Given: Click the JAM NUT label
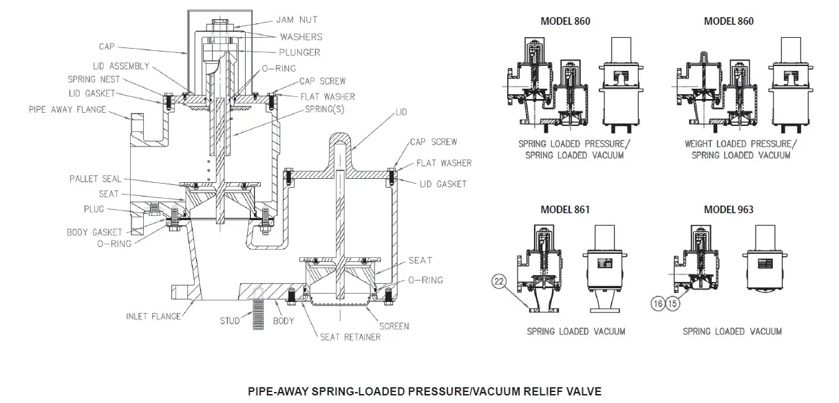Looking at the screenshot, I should point(298,21).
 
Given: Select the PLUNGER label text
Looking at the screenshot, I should point(300,52).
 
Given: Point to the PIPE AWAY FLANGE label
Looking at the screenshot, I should point(67,109).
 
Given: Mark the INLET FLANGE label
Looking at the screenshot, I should point(153,316).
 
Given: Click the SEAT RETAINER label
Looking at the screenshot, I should point(350,337).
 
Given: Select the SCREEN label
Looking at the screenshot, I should point(393,326).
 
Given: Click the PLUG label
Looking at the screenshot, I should point(94,208).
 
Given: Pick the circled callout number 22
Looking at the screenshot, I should point(500,281).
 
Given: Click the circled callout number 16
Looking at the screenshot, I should point(657,301).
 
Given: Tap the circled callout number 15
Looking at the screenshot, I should point(672,301).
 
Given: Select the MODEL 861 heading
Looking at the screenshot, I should point(565,209).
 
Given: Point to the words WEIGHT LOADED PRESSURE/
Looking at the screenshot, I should point(740,144).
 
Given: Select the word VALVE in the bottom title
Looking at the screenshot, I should point(584,391).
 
